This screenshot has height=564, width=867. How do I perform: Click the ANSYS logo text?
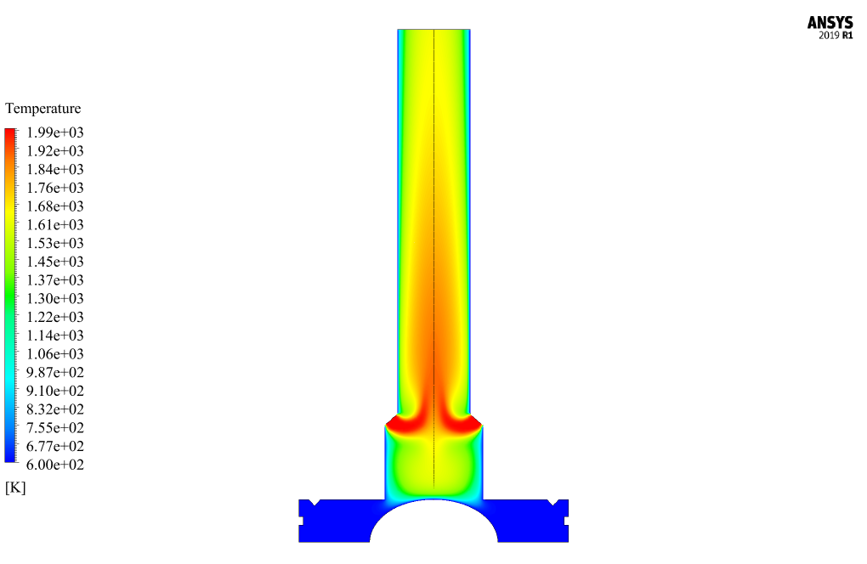[x=830, y=23]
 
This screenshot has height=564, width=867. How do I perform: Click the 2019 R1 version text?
[x=836, y=36]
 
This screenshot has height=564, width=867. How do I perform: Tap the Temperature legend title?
[x=43, y=108]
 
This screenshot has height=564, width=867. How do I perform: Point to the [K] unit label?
[x=15, y=488]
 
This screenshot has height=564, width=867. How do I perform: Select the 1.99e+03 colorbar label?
[x=55, y=133]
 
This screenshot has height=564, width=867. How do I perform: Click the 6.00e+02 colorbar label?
[x=55, y=465]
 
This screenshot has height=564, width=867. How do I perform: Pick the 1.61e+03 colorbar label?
[x=55, y=225]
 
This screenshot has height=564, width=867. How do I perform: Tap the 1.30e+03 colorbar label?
[x=55, y=298]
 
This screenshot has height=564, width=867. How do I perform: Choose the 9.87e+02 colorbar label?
[x=55, y=372]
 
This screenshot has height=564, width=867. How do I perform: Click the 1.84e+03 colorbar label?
[x=55, y=169]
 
